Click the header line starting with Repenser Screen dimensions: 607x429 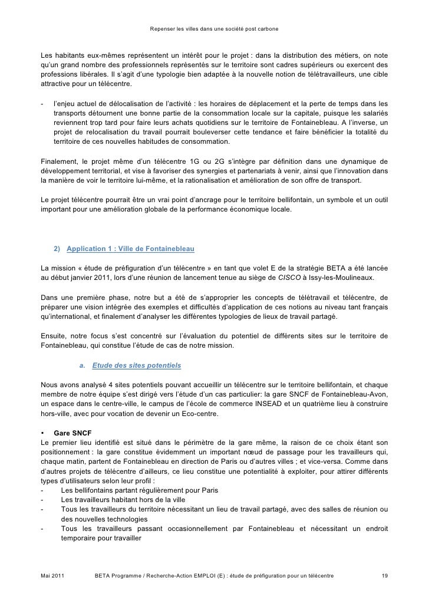[x=214, y=28]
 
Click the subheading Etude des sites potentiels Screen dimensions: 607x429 [x=136, y=365]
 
